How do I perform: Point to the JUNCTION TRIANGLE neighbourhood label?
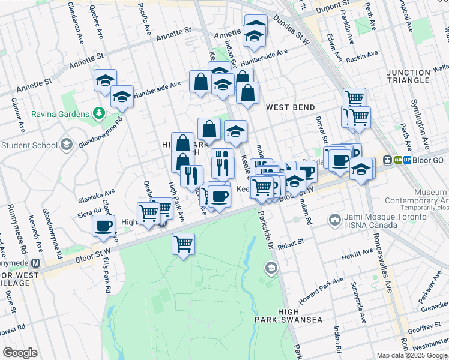click(x=417, y=77)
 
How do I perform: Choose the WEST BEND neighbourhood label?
click(x=291, y=107)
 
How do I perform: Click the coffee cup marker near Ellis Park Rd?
click(x=103, y=226)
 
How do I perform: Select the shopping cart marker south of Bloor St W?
click(x=184, y=244)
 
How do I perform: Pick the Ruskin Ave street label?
click(x=361, y=59)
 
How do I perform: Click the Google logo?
click(x=20, y=352)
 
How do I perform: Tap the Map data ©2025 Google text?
click(x=411, y=355)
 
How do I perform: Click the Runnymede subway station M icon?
click(x=36, y=263)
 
